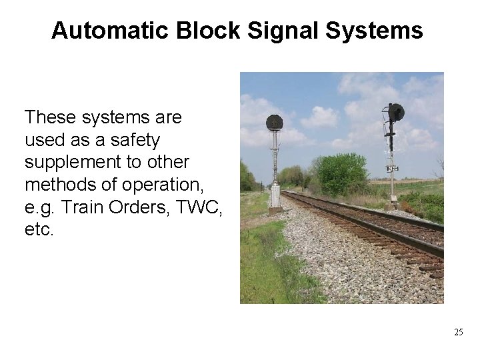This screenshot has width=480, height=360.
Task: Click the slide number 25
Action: pos(457,332)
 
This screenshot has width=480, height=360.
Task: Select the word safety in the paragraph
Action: pos(137,141)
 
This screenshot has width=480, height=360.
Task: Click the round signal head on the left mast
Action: pos(274,123)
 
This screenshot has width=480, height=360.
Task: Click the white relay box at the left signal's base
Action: pos(275,197)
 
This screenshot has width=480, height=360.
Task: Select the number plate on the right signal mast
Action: pos(393,168)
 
